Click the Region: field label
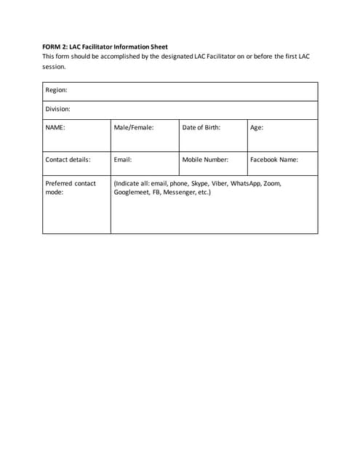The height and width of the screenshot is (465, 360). (x=57, y=90)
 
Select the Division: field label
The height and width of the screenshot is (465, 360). (x=58, y=109)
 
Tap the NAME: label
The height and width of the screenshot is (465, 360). (x=55, y=127)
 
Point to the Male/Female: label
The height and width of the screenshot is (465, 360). (x=134, y=127)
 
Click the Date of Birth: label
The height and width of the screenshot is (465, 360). (x=201, y=127)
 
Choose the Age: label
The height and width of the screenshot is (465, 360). (x=257, y=127)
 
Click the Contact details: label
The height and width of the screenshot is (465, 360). (x=68, y=160)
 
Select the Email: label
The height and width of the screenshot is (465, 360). (x=123, y=160)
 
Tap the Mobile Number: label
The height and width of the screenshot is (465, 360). (x=205, y=160)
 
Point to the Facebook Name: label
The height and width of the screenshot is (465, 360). (x=274, y=160)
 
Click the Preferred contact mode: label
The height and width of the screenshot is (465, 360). (x=70, y=187)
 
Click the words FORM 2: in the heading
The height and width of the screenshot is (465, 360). (x=55, y=46)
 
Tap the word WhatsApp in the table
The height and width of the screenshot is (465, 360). (x=246, y=183)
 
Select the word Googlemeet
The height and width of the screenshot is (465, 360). (x=132, y=193)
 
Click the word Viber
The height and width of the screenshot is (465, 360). (x=219, y=183)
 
